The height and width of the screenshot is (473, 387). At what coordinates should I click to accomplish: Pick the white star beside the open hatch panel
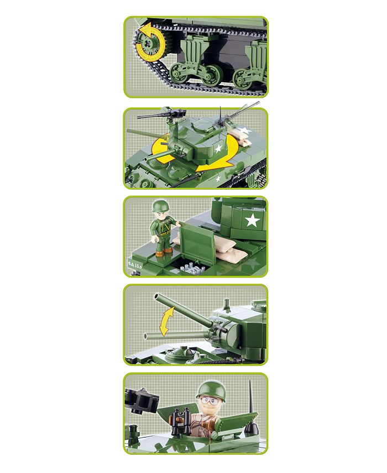253,221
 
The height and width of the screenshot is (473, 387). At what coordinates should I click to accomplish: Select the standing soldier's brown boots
163,252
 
